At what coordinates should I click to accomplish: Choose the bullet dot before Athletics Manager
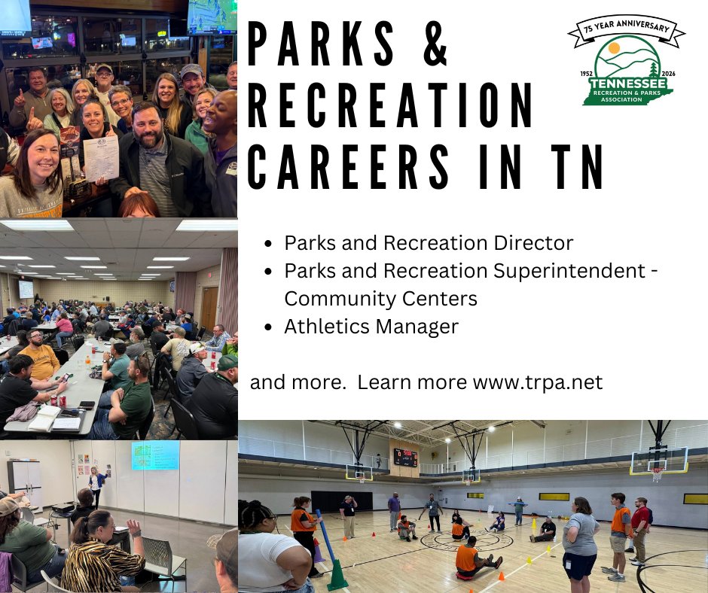pos(269,327)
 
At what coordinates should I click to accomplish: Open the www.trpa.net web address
pos(537,382)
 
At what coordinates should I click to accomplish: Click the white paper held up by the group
pos(101,158)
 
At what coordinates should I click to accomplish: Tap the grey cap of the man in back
pos(192,70)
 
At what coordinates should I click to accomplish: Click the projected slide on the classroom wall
pos(155,455)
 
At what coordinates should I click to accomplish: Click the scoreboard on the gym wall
pos(405,458)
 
